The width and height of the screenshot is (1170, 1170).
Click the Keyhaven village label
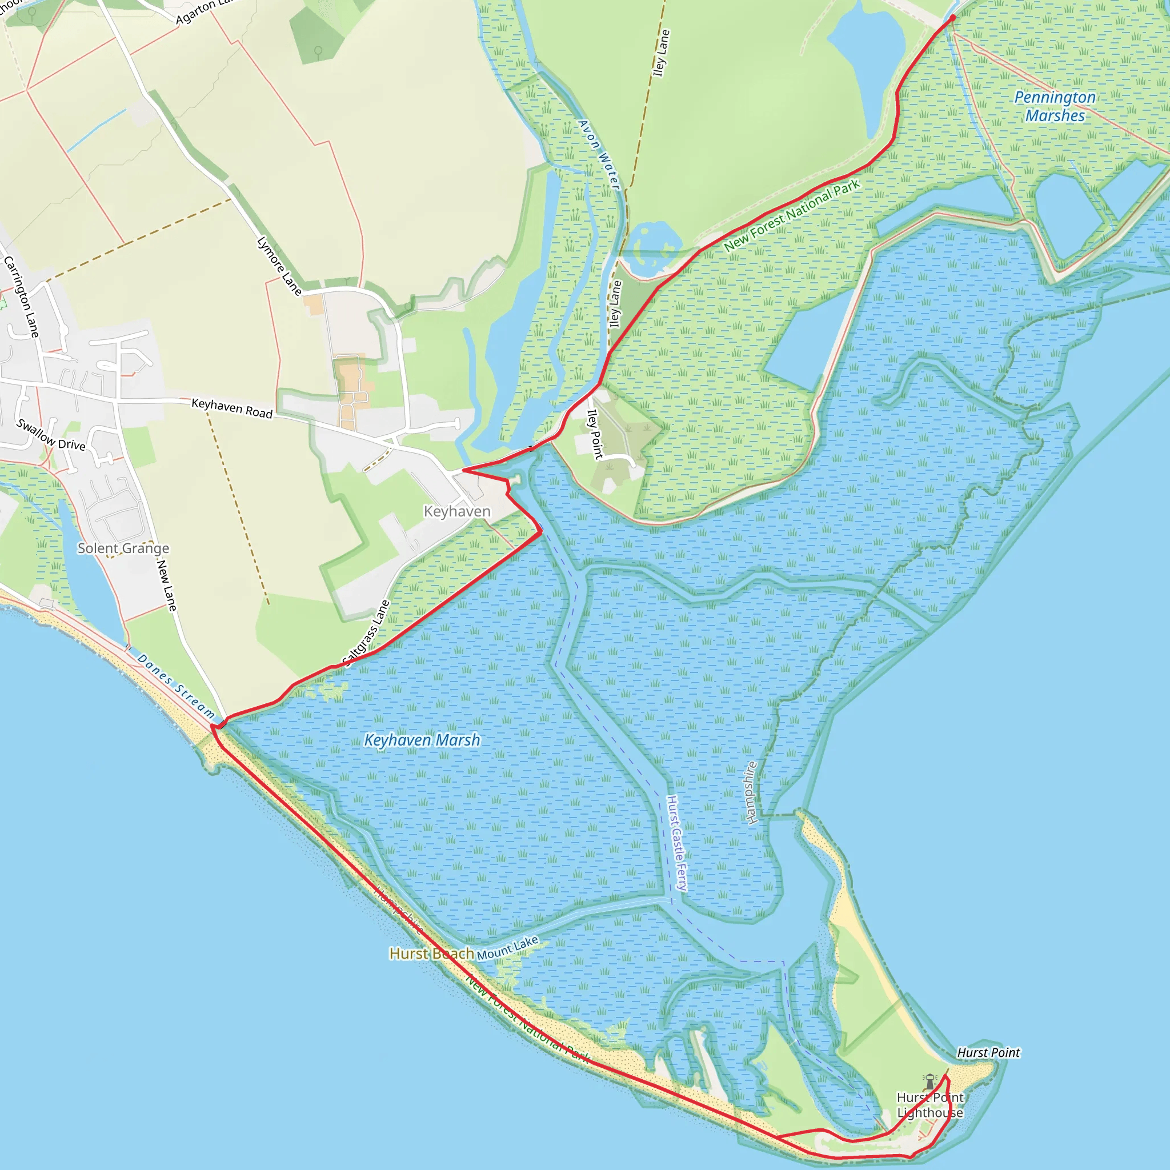[x=456, y=512]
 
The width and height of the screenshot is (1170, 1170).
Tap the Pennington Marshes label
[x=1055, y=106]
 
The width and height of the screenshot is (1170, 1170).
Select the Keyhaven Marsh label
[x=422, y=740]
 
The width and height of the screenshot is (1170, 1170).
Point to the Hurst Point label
[x=988, y=1052]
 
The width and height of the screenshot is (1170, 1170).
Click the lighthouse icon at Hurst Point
[x=929, y=1081]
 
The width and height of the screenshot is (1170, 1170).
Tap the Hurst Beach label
[x=431, y=953]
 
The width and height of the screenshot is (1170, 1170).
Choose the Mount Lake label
[x=507, y=948]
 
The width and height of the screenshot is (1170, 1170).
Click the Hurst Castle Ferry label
[x=676, y=843]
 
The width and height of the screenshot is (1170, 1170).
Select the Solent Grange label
[x=123, y=548]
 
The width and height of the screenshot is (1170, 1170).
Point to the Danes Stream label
[x=175, y=686]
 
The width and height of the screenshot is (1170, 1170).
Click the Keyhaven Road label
[x=232, y=407]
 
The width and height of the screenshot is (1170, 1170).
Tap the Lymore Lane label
[x=279, y=265]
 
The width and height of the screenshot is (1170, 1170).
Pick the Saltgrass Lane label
[x=366, y=632]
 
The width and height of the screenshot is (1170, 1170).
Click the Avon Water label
[x=598, y=154]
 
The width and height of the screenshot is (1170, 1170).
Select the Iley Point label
[x=595, y=434]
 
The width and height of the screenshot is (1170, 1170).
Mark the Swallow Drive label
[x=51, y=434]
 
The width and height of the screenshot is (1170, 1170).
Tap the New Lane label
[x=167, y=585]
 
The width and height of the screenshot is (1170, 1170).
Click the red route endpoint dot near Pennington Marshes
[x=952, y=18]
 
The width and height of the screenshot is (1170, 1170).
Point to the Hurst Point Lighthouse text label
[x=929, y=1105]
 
